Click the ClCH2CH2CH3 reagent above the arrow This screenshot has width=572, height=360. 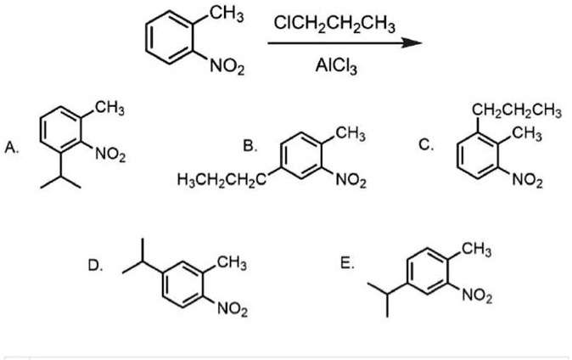point(334,25)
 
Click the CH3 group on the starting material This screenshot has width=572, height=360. point(227,15)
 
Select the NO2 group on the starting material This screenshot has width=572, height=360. point(227,67)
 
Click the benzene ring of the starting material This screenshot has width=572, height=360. point(169,37)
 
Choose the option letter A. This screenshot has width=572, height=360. point(11,148)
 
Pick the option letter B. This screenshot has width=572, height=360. point(250,146)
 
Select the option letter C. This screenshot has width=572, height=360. point(426,145)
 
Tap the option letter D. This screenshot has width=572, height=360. point(95,266)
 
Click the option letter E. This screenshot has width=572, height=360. point(347,264)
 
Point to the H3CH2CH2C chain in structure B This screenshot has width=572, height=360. point(221,180)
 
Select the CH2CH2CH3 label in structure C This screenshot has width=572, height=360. point(517,111)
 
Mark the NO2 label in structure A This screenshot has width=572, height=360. point(110,155)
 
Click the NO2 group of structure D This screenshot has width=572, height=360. point(233,310)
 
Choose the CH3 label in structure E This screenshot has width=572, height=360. point(476,250)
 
